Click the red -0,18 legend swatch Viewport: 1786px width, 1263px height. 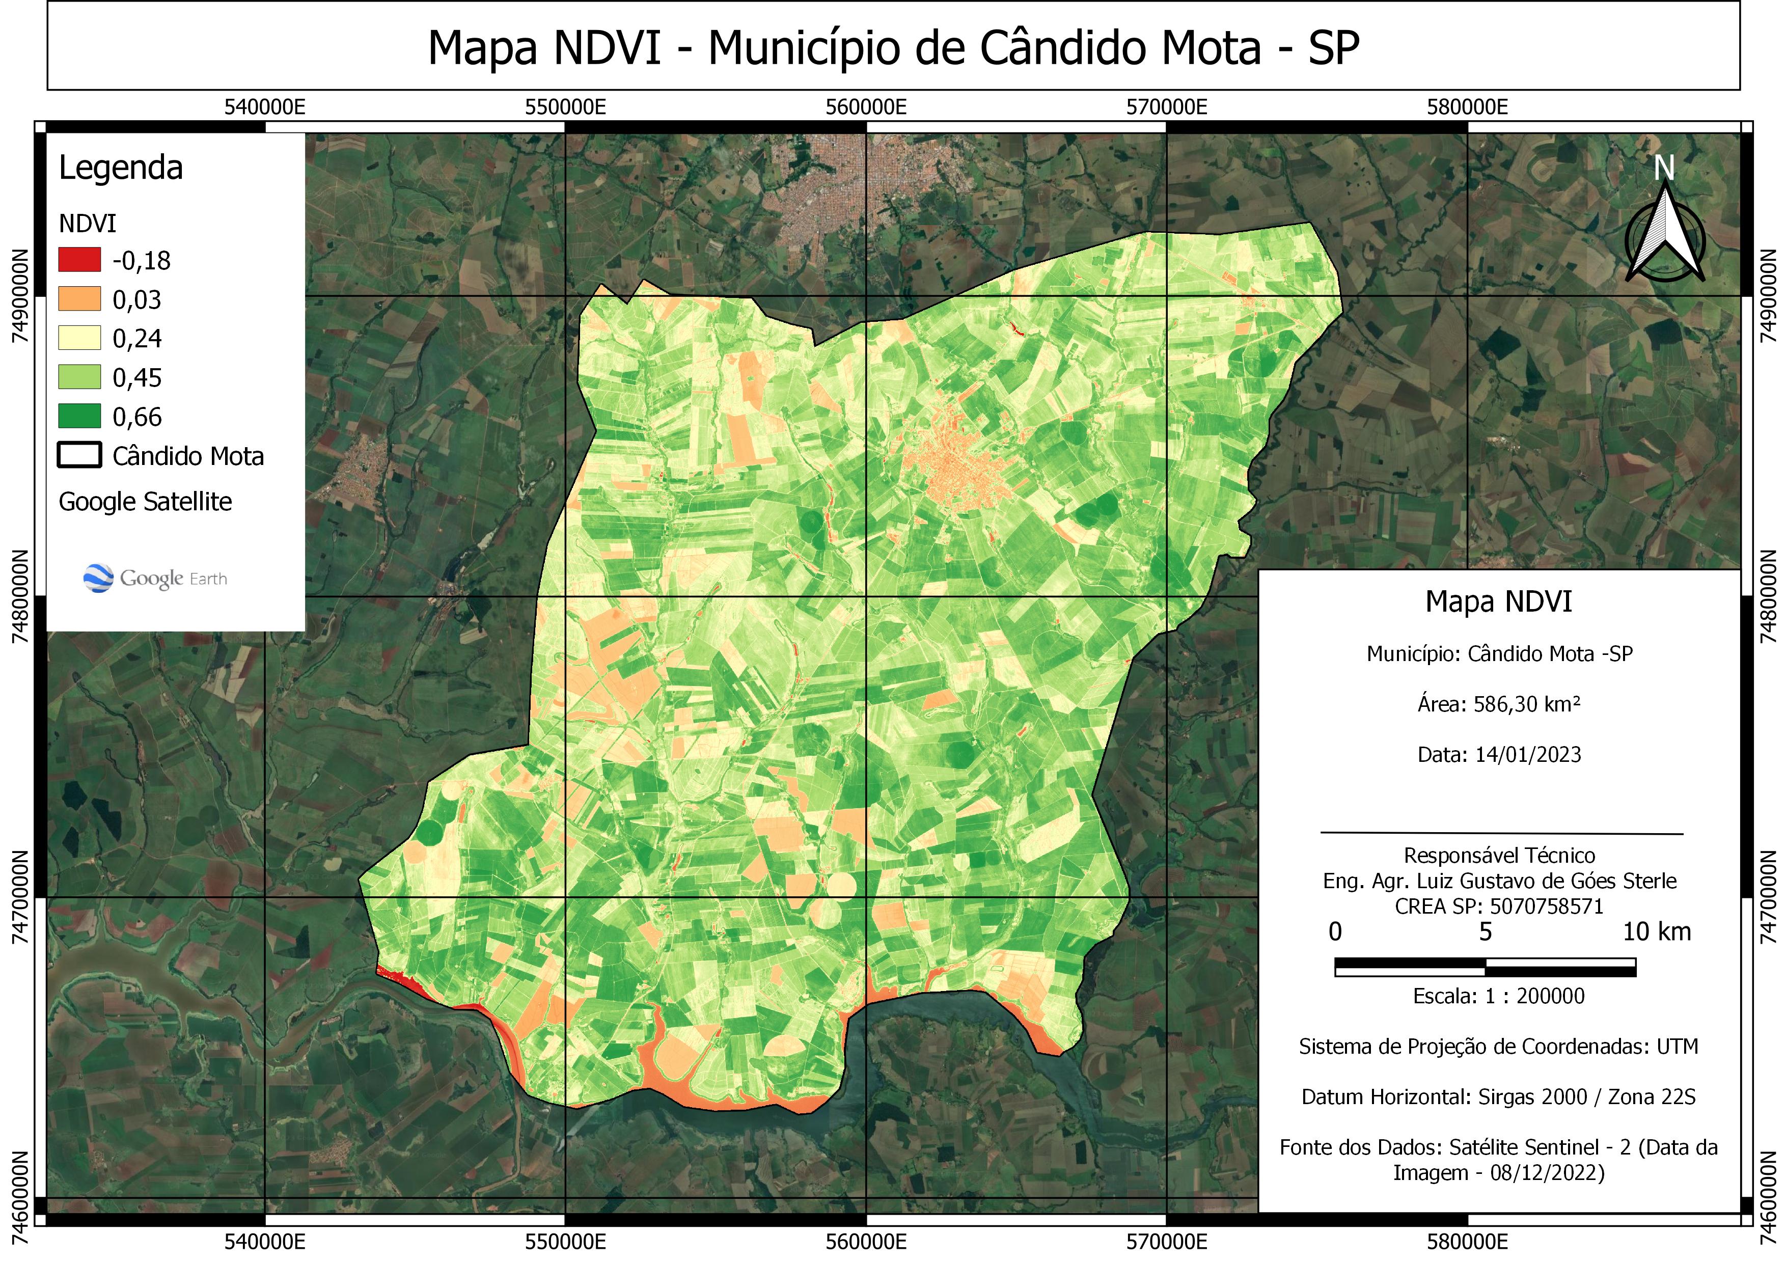(79, 259)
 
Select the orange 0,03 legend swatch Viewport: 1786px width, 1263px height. (79, 298)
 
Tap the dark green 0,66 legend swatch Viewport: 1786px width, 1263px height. (79, 416)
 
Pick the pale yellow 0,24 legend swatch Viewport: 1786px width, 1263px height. (79, 338)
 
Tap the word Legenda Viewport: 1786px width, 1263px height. (121, 168)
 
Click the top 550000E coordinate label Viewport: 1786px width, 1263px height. (565, 107)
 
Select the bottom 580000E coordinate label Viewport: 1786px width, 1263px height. (1467, 1241)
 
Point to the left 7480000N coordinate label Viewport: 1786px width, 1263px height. (21, 596)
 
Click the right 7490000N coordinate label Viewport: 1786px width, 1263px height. (1767, 295)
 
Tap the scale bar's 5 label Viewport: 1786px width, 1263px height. (1485, 931)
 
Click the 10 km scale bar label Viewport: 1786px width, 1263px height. (1656, 931)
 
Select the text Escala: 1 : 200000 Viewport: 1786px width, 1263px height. (1498, 996)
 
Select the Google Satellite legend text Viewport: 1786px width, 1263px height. (146, 502)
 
